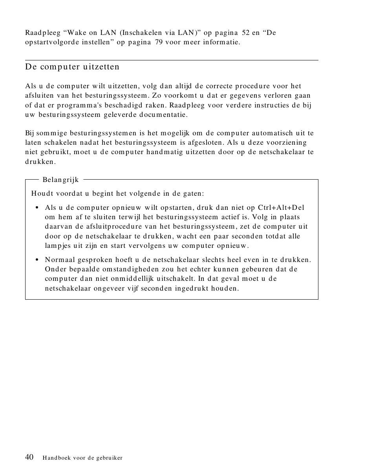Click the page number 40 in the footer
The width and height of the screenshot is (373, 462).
pyautogui.click(x=29, y=457)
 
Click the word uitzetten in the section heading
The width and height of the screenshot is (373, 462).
pyautogui.click(x=101, y=67)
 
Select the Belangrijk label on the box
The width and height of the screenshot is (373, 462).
pyautogui.click(x=60, y=180)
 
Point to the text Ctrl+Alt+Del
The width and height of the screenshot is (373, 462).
pyautogui.click(x=281, y=207)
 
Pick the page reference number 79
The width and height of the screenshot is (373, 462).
pyautogui.click(x=159, y=42)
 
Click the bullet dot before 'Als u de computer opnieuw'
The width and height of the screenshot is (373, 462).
pyautogui.click(x=37, y=208)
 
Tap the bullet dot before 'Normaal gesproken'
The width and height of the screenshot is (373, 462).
pyautogui.click(x=37, y=260)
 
